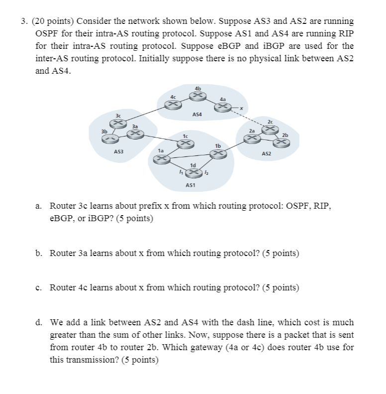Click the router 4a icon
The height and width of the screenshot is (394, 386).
pyautogui.click(x=226, y=106)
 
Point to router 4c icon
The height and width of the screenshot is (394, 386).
pyautogui.click(x=173, y=103)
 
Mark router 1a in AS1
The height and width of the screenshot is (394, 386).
pyautogui.click(x=160, y=158)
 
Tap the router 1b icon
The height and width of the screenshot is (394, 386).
pyautogui.click(x=217, y=153)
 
